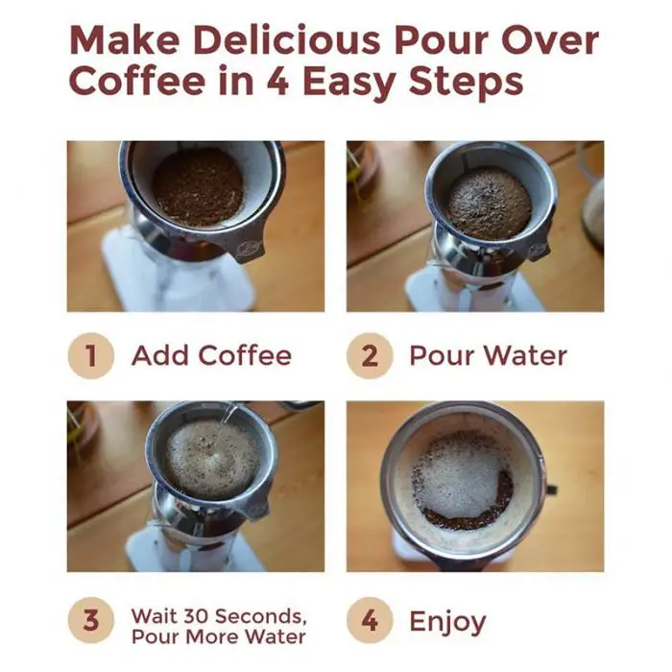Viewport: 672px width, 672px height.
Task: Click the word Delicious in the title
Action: pyautogui.click(x=287, y=40)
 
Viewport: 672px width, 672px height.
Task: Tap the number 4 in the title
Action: pyautogui.click(x=276, y=81)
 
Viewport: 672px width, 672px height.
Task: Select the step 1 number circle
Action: pyautogui.click(x=91, y=355)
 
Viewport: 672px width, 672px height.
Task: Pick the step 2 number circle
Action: pyautogui.click(x=370, y=355)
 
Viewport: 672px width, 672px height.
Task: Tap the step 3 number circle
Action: pyautogui.click(x=91, y=620)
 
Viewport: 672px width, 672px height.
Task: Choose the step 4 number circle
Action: pyautogui.click(x=370, y=620)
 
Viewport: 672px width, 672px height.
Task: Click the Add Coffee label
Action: pyautogui.click(x=212, y=355)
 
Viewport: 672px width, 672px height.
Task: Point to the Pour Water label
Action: pyautogui.click(x=488, y=355)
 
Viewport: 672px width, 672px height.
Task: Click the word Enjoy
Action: pyautogui.click(x=447, y=622)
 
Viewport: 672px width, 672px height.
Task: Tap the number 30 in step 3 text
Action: pyautogui.click(x=196, y=616)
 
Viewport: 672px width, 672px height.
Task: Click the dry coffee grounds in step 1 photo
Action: pyautogui.click(x=198, y=188)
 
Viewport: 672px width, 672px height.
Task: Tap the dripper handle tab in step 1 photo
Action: pyautogui.click(x=249, y=249)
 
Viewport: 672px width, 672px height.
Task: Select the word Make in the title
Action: pyautogui.click(x=124, y=40)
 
